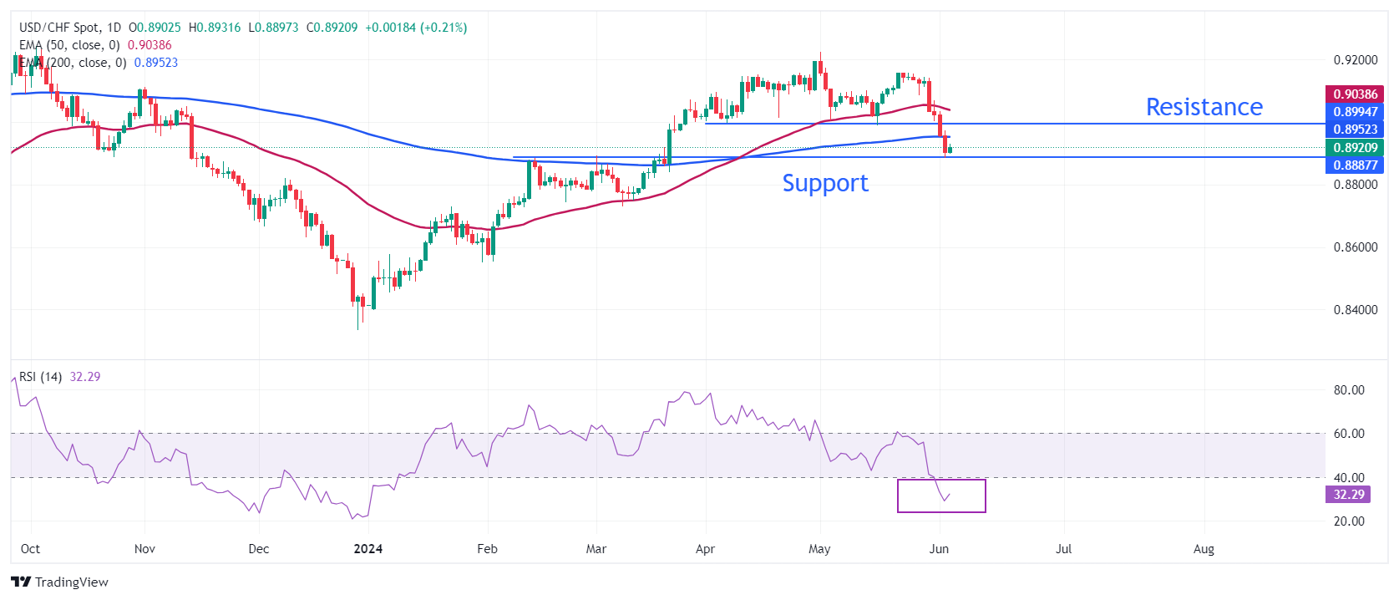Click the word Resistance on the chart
coord(1204,107)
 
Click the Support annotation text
coord(825,183)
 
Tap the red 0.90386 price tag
coord(1355,94)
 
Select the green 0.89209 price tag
coord(1355,148)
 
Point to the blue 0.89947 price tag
coord(1355,112)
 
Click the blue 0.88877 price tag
coord(1355,165)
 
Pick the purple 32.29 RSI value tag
coord(1348,495)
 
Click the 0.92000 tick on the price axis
coord(1355,60)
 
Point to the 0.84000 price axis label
coord(1355,310)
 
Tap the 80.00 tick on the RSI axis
coord(1349,390)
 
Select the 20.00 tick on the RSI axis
coord(1349,521)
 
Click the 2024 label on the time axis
coord(367,549)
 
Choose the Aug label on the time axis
coord(1204,549)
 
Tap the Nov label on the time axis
coord(144,549)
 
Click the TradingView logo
coord(60,582)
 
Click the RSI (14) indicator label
coord(40,377)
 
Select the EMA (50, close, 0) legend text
coord(69,45)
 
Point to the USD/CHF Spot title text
coord(58,28)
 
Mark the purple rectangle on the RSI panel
coord(941,496)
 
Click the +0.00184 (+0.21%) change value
coord(416,28)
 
